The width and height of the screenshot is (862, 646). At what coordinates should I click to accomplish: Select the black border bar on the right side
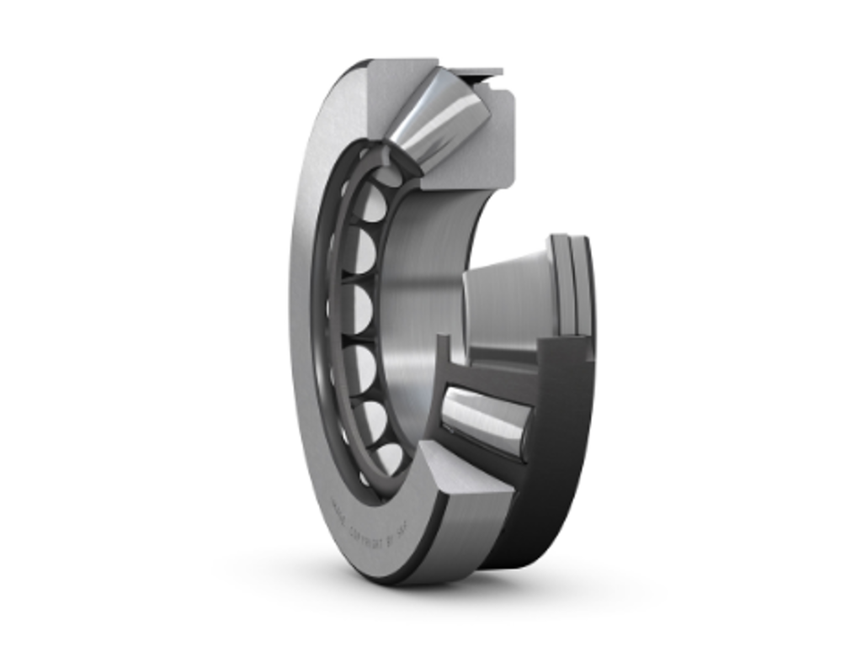click(780, 323)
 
